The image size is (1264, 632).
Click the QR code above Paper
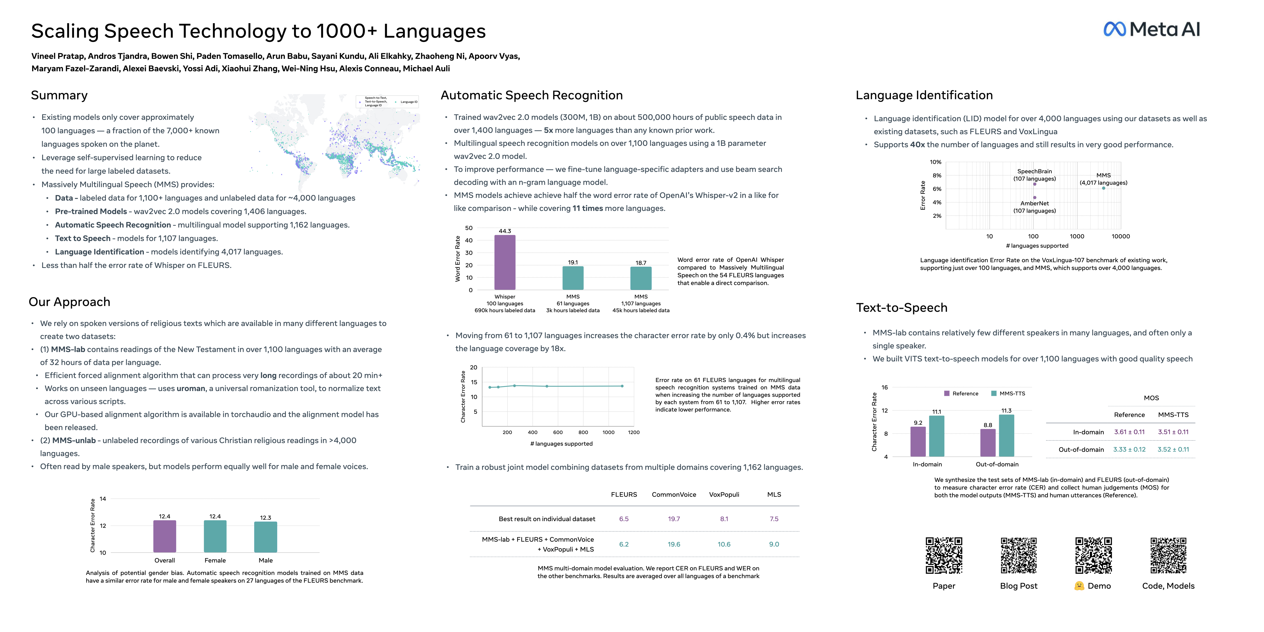944,555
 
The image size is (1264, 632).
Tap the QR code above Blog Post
1019,555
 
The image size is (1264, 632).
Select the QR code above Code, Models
1168,555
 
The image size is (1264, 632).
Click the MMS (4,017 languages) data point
1104,188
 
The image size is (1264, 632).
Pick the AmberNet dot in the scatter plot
1034,197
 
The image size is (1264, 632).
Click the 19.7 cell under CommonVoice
674,519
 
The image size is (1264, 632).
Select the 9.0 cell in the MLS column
774,544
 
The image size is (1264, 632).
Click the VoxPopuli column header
724,494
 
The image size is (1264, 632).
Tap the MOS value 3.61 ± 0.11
1129,432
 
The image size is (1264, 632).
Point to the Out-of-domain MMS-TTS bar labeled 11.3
1007,436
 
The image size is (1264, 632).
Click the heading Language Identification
924,95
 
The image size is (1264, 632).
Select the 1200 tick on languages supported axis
633,432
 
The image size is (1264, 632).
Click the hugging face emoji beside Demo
1079,586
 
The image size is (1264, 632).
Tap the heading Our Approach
69,302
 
